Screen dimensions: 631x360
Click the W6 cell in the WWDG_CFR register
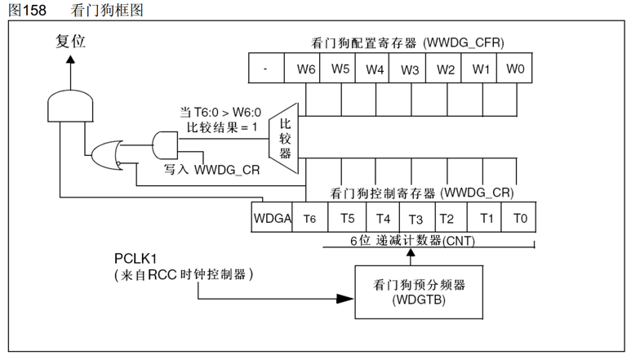302,68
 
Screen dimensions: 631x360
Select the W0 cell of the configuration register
514,68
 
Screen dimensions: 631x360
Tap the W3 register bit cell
407,68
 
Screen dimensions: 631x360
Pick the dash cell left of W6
266,68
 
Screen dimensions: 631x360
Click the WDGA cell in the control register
272,217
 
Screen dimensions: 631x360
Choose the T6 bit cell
310,217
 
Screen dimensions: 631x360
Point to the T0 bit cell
518,217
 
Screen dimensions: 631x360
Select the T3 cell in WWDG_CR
417,217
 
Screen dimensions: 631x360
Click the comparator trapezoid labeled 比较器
284,139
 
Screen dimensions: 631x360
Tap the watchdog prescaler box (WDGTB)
419,292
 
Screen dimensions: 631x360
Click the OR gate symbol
106,155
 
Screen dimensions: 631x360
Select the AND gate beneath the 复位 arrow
70,106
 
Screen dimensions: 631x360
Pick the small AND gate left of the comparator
165,145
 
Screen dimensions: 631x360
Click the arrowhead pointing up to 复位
70,60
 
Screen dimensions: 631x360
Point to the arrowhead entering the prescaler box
344,299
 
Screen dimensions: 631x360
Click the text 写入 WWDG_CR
211,169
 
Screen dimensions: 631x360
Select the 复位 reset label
70,42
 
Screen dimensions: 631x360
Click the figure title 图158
28,10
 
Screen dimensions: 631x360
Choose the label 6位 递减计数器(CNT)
412,241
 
